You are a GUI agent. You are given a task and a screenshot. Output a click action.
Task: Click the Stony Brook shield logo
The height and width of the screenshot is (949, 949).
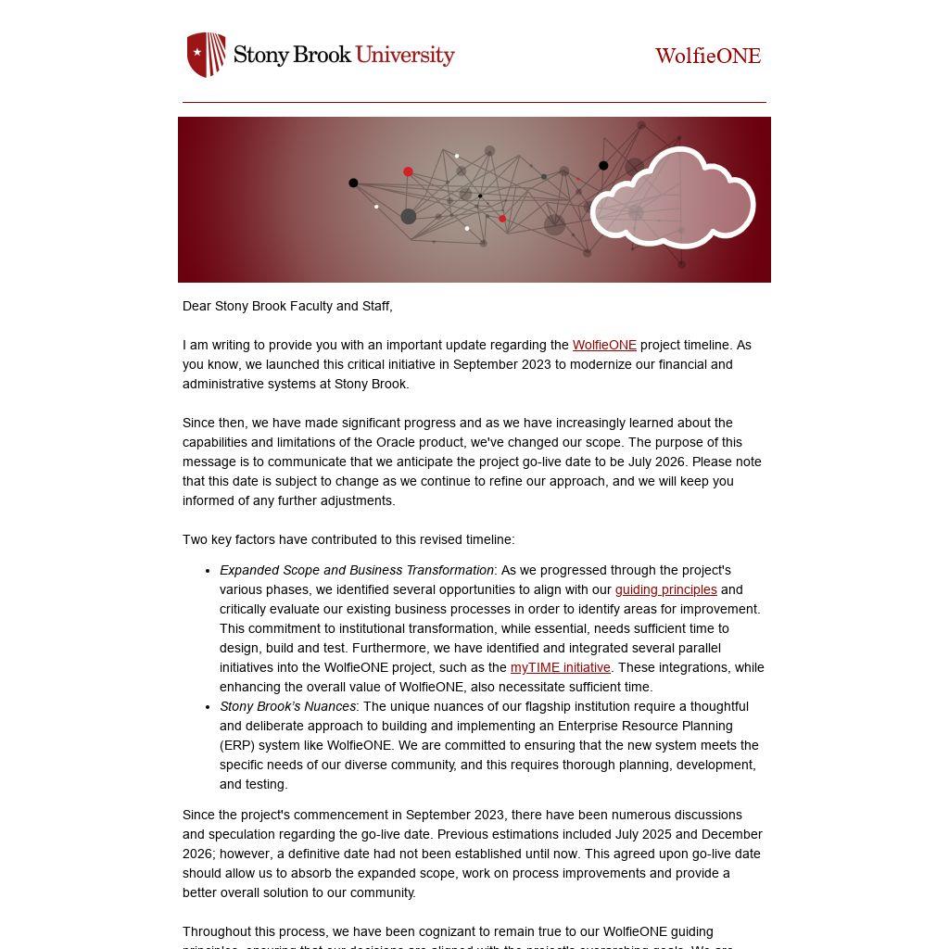point(206,55)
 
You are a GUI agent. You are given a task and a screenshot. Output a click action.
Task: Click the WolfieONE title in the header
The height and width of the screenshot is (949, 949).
point(707,56)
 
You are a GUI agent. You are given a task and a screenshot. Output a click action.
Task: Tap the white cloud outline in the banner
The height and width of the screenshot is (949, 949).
point(673,197)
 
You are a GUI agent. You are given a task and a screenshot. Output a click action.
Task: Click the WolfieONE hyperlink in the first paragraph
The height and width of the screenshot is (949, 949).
point(604,345)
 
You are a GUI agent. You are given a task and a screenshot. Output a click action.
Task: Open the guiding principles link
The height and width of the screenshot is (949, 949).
point(665,589)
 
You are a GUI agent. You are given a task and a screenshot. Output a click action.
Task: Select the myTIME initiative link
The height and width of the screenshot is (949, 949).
point(560,667)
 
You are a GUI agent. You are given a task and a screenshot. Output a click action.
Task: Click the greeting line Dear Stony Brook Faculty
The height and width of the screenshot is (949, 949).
point(287,306)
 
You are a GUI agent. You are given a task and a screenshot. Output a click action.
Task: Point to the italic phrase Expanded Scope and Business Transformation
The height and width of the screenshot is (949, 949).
point(356,570)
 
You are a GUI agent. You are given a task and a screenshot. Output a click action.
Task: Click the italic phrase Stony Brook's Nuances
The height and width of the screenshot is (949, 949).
point(287,706)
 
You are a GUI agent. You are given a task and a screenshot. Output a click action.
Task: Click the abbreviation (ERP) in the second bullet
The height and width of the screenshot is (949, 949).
point(237,745)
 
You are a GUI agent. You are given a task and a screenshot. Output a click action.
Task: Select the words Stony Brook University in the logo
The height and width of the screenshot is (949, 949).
point(343,55)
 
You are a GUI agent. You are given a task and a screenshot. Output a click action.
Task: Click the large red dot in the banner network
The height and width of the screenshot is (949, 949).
point(408,171)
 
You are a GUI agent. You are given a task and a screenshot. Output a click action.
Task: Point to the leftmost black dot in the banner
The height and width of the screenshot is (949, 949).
point(353,183)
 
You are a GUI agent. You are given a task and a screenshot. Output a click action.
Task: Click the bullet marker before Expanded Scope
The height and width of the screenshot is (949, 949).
point(208,571)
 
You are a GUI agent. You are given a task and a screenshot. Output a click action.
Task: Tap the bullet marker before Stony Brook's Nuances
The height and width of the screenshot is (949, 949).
point(208,707)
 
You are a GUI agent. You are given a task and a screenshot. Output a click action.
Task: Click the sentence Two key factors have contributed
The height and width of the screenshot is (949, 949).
point(348,539)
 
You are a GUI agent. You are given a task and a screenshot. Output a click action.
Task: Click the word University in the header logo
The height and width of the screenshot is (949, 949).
point(405,55)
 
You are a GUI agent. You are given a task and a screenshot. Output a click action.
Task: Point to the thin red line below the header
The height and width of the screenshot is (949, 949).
point(474,102)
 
